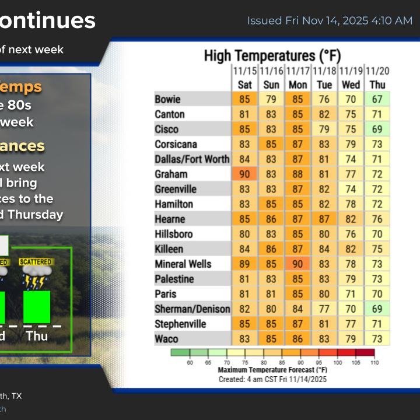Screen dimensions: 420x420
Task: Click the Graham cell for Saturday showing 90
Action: pyautogui.click(x=245, y=174)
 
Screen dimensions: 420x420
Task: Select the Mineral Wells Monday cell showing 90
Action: pyautogui.click(x=298, y=264)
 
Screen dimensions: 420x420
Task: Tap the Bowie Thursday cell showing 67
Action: pyautogui.click(x=377, y=99)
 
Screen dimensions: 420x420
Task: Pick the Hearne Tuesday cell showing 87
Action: pyautogui.click(x=324, y=219)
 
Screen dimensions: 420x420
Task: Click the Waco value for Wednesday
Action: pyautogui.click(x=351, y=338)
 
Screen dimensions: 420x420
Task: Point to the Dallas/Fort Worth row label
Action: pyautogui.click(x=192, y=159)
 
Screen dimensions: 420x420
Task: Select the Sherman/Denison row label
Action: pyautogui.click(x=192, y=309)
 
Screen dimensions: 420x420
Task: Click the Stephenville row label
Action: pyautogui.click(x=181, y=324)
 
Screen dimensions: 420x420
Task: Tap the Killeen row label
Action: pyautogui.click(x=169, y=249)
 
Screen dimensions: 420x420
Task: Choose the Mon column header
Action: pyautogui.click(x=298, y=85)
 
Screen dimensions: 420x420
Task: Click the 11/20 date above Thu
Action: pyautogui.click(x=377, y=71)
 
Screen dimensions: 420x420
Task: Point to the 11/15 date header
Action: pyautogui.click(x=245, y=71)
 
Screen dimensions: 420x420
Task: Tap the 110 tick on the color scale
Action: pyautogui.click(x=374, y=363)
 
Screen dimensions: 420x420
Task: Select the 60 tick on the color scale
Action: pyautogui.click(x=190, y=363)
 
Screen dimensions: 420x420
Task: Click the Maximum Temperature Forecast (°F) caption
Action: pyautogui.click(x=272, y=370)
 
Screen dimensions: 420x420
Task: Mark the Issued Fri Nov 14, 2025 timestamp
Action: pyautogui.click(x=330, y=20)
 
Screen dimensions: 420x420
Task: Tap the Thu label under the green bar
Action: pyautogui.click(x=37, y=336)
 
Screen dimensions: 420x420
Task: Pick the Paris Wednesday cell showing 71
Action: pyautogui.click(x=351, y=293)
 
